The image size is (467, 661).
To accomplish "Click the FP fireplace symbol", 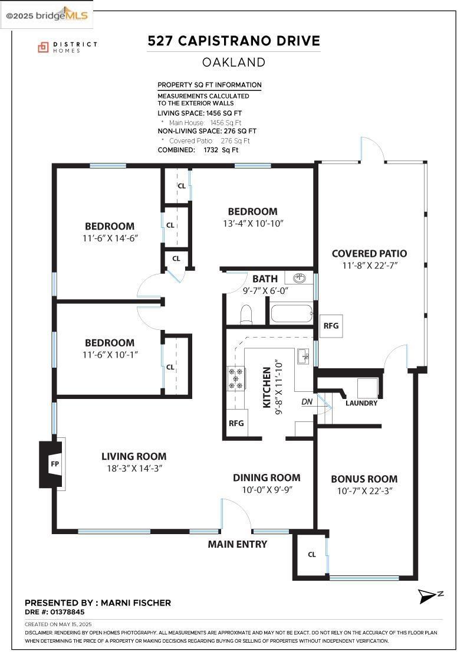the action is pos(52,464).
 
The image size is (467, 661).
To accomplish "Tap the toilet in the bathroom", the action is pos(245,315).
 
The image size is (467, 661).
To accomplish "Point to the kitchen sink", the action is pos(303,356).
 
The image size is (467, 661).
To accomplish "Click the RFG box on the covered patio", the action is pos(331,325).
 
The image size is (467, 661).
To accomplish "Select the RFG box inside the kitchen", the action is pos(236,423).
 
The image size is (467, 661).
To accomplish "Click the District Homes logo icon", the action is pos(43,47).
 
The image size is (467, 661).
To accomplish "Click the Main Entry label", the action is pos(238,544).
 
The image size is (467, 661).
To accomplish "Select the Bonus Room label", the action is pos(364,479).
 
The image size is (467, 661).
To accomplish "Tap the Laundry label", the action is pos(361,403).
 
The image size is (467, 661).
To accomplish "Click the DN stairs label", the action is pos(307,402).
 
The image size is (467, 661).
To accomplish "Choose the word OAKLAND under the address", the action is pos(233,63).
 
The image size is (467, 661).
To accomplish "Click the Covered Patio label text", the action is pos(369,253).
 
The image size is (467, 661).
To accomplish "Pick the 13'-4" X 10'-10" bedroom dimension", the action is pos(253,224).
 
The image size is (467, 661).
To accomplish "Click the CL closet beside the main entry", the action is pos(311,554).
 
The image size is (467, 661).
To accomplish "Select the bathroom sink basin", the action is pos(299,278).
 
